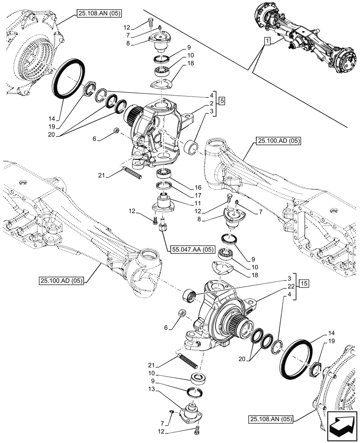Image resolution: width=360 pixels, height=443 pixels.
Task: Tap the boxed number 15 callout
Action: tap(303, 283)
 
